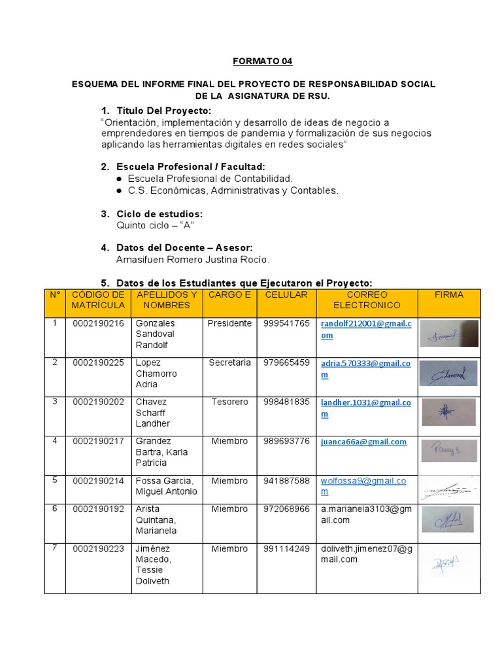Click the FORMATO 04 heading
coord(263,62)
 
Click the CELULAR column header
coord(286,295)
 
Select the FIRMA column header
coord(448,295)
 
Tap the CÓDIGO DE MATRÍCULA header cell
coord(98,300)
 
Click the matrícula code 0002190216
coord(98,323)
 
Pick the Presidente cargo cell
coord(229,323)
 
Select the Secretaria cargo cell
coord(229,362)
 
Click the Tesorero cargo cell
coord(229,402)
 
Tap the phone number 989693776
coord(286,441)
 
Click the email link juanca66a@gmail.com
coord(363,442)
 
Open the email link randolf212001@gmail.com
coord(366,329)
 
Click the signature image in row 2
coord(448,373)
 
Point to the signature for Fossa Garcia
coord(448,489)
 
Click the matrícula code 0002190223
coord(98,549)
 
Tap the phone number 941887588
coord(286,481)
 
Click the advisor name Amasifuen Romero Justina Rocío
coord(193,260)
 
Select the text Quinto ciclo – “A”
coord(156,225)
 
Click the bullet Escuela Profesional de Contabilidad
coord(210,179)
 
